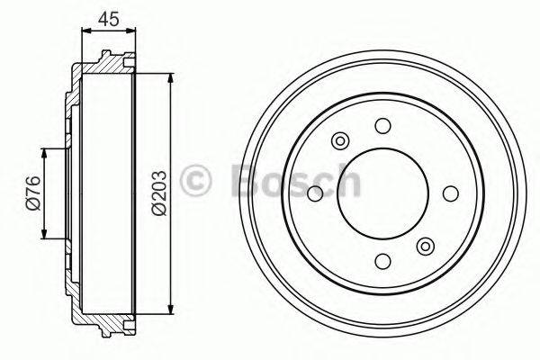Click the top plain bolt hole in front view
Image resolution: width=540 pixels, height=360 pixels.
point(382,126)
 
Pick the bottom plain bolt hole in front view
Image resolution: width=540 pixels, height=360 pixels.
point(382,261)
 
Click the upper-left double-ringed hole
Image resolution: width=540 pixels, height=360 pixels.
point(340,141)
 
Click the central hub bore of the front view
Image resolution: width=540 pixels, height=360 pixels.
point(382,193)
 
